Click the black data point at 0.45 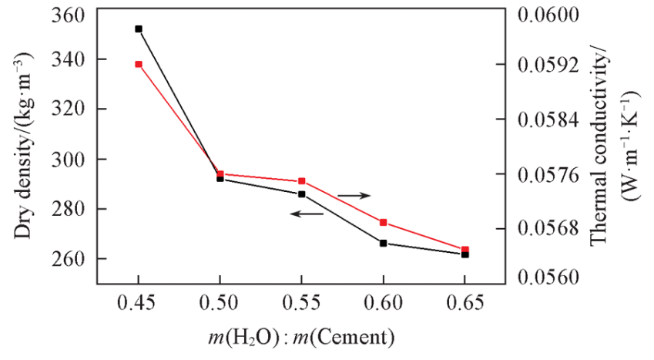click(139, 29)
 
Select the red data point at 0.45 click(139, 64)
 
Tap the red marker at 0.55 click(302, 181)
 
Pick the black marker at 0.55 click(302, 194)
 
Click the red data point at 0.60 click(384, 222)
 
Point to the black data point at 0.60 click(384, 244)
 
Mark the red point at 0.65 click(465, 249)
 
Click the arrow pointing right click(355, 196)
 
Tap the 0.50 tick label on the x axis click(220, 304)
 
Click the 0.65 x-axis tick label click(465, 304)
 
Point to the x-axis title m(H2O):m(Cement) click(301, 338)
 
